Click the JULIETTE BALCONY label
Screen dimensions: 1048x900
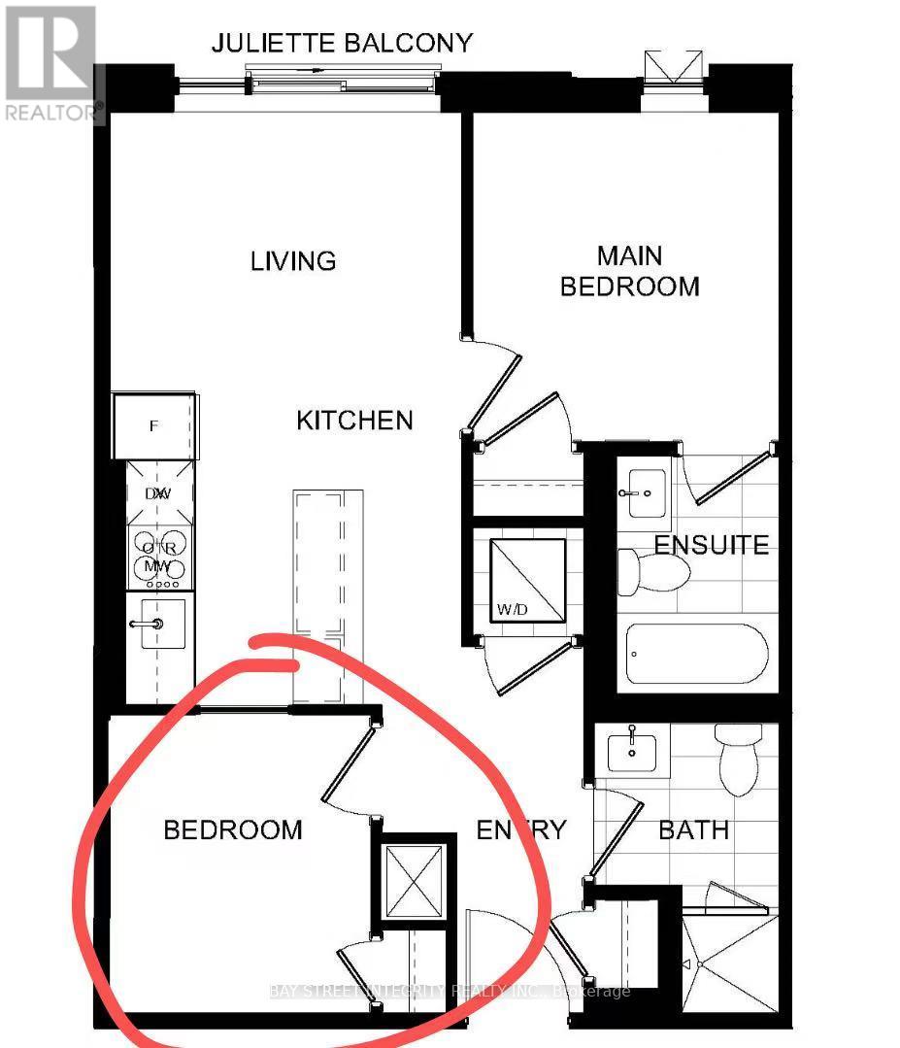click(342, 43)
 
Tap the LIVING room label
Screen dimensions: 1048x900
click(292, 261)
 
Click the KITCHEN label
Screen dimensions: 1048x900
click(354, 421)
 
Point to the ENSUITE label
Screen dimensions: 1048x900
click(711, 545)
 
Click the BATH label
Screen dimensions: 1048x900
click(693, 830)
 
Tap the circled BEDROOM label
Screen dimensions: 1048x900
click(232, 830)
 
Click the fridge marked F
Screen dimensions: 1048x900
click(155, 425)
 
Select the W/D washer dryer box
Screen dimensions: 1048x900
click(526, 579)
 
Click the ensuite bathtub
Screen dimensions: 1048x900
click(696, 655)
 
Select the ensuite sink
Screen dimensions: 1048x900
click(643, 493)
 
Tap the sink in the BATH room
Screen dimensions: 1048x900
click(632, 752)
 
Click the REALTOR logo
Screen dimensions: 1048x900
click(50, 64)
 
